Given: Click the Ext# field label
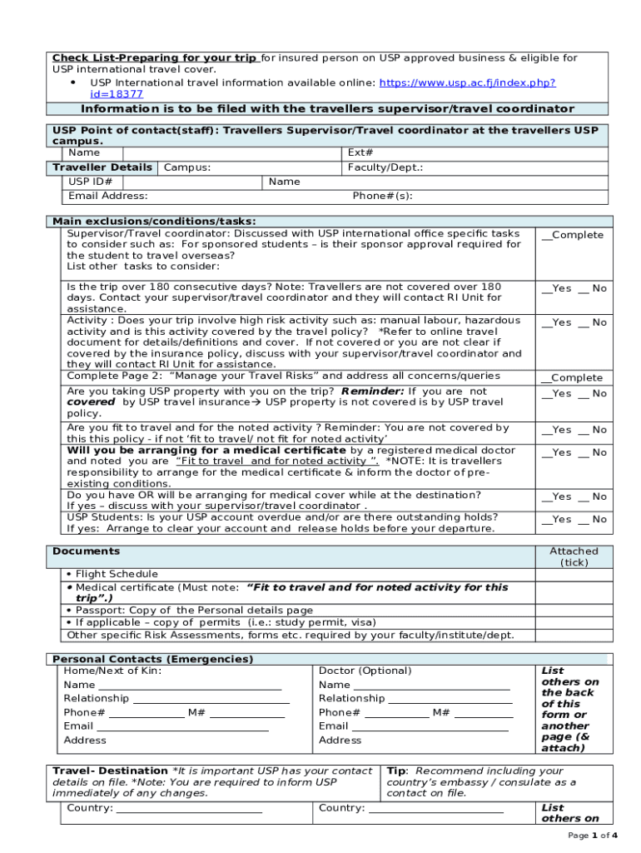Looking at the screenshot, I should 360,153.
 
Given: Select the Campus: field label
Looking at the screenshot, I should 187,167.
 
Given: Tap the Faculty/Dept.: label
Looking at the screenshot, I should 385,167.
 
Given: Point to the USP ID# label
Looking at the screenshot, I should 91,182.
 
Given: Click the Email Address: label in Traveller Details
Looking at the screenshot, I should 108,196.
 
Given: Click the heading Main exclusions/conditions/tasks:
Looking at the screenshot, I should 154,221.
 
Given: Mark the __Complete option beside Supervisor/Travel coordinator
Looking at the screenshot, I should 573,235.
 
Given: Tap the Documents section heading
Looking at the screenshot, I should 86,551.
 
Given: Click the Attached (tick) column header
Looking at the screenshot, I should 574,556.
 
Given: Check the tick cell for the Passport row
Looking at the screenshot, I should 574,611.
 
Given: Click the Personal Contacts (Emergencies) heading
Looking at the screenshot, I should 152,659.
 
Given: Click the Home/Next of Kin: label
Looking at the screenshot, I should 112,671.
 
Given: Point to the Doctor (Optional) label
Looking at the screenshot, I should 365,671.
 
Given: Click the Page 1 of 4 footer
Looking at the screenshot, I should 593,835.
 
